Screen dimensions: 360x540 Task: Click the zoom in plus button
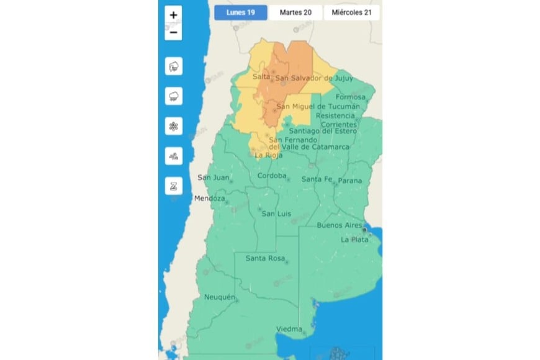(x=173, y=15)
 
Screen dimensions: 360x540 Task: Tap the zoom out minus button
(x=173, y=32)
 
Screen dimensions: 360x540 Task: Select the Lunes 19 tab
(x=241, y=12)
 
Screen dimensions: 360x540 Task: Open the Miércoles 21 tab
(x=352, y=12)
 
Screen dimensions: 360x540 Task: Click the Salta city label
(x=261, y=76)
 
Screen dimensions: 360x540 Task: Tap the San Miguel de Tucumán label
(x=318, y=106)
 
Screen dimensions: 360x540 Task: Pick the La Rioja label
(x=268, y=155)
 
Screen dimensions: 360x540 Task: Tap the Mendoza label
(x=209, y=199)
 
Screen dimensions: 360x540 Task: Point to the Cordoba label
(x=272, y=176)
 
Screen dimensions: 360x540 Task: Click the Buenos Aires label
(x=339, y=225)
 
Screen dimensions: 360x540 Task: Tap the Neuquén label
(x=220, y=297)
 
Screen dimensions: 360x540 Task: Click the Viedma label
(x=289, y=329)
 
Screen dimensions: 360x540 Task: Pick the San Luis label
(x=276, y=214)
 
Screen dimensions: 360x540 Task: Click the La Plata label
(x=354, y=240)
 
